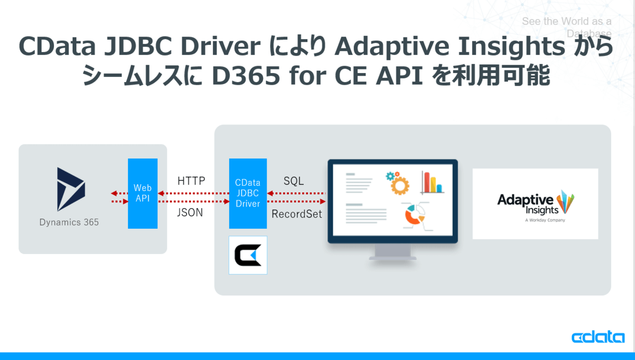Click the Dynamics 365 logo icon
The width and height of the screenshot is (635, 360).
point(71,189)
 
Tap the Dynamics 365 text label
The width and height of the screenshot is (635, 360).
point(69,222)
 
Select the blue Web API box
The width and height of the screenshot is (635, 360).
point(142,193)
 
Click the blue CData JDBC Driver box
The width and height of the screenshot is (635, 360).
point(248,193)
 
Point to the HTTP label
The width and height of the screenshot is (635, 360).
point(192,181)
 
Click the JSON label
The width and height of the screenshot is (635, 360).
point(190,212)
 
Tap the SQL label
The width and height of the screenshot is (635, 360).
point(294,181)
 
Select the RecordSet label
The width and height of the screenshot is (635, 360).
point(296,214)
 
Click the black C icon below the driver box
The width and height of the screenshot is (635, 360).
point(248,255)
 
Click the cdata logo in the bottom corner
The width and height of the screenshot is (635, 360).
point(598,337)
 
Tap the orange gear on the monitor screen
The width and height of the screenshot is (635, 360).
point(400,185)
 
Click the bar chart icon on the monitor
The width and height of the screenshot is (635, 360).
point(432,183)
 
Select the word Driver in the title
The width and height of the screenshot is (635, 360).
point(221,46)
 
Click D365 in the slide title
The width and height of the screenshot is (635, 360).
point(246,76)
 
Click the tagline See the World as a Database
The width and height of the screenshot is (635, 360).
point(567,27)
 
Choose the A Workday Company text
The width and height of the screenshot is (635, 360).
point(545,220)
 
